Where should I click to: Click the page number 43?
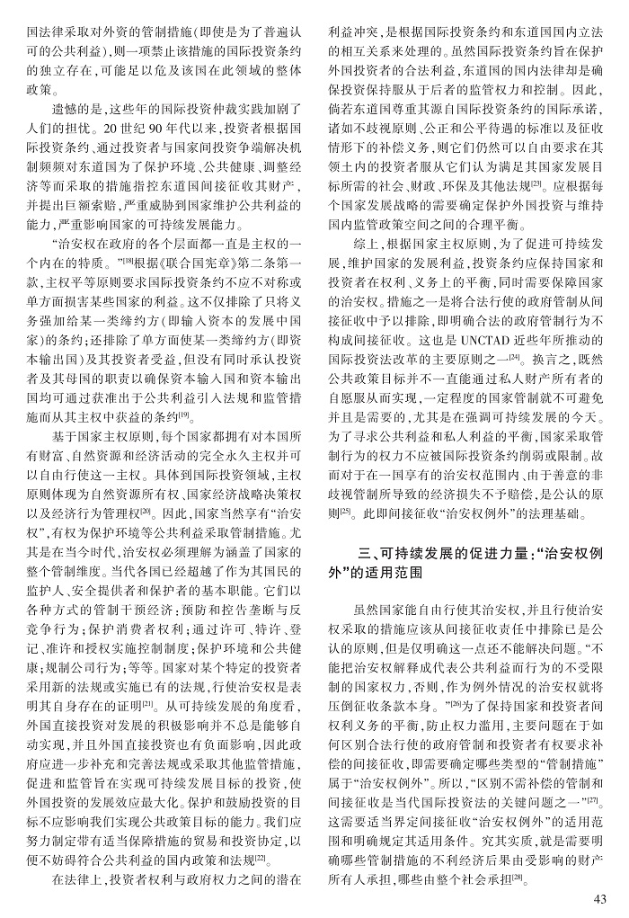coord(601,898)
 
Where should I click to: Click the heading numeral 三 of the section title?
coord(363,551)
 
